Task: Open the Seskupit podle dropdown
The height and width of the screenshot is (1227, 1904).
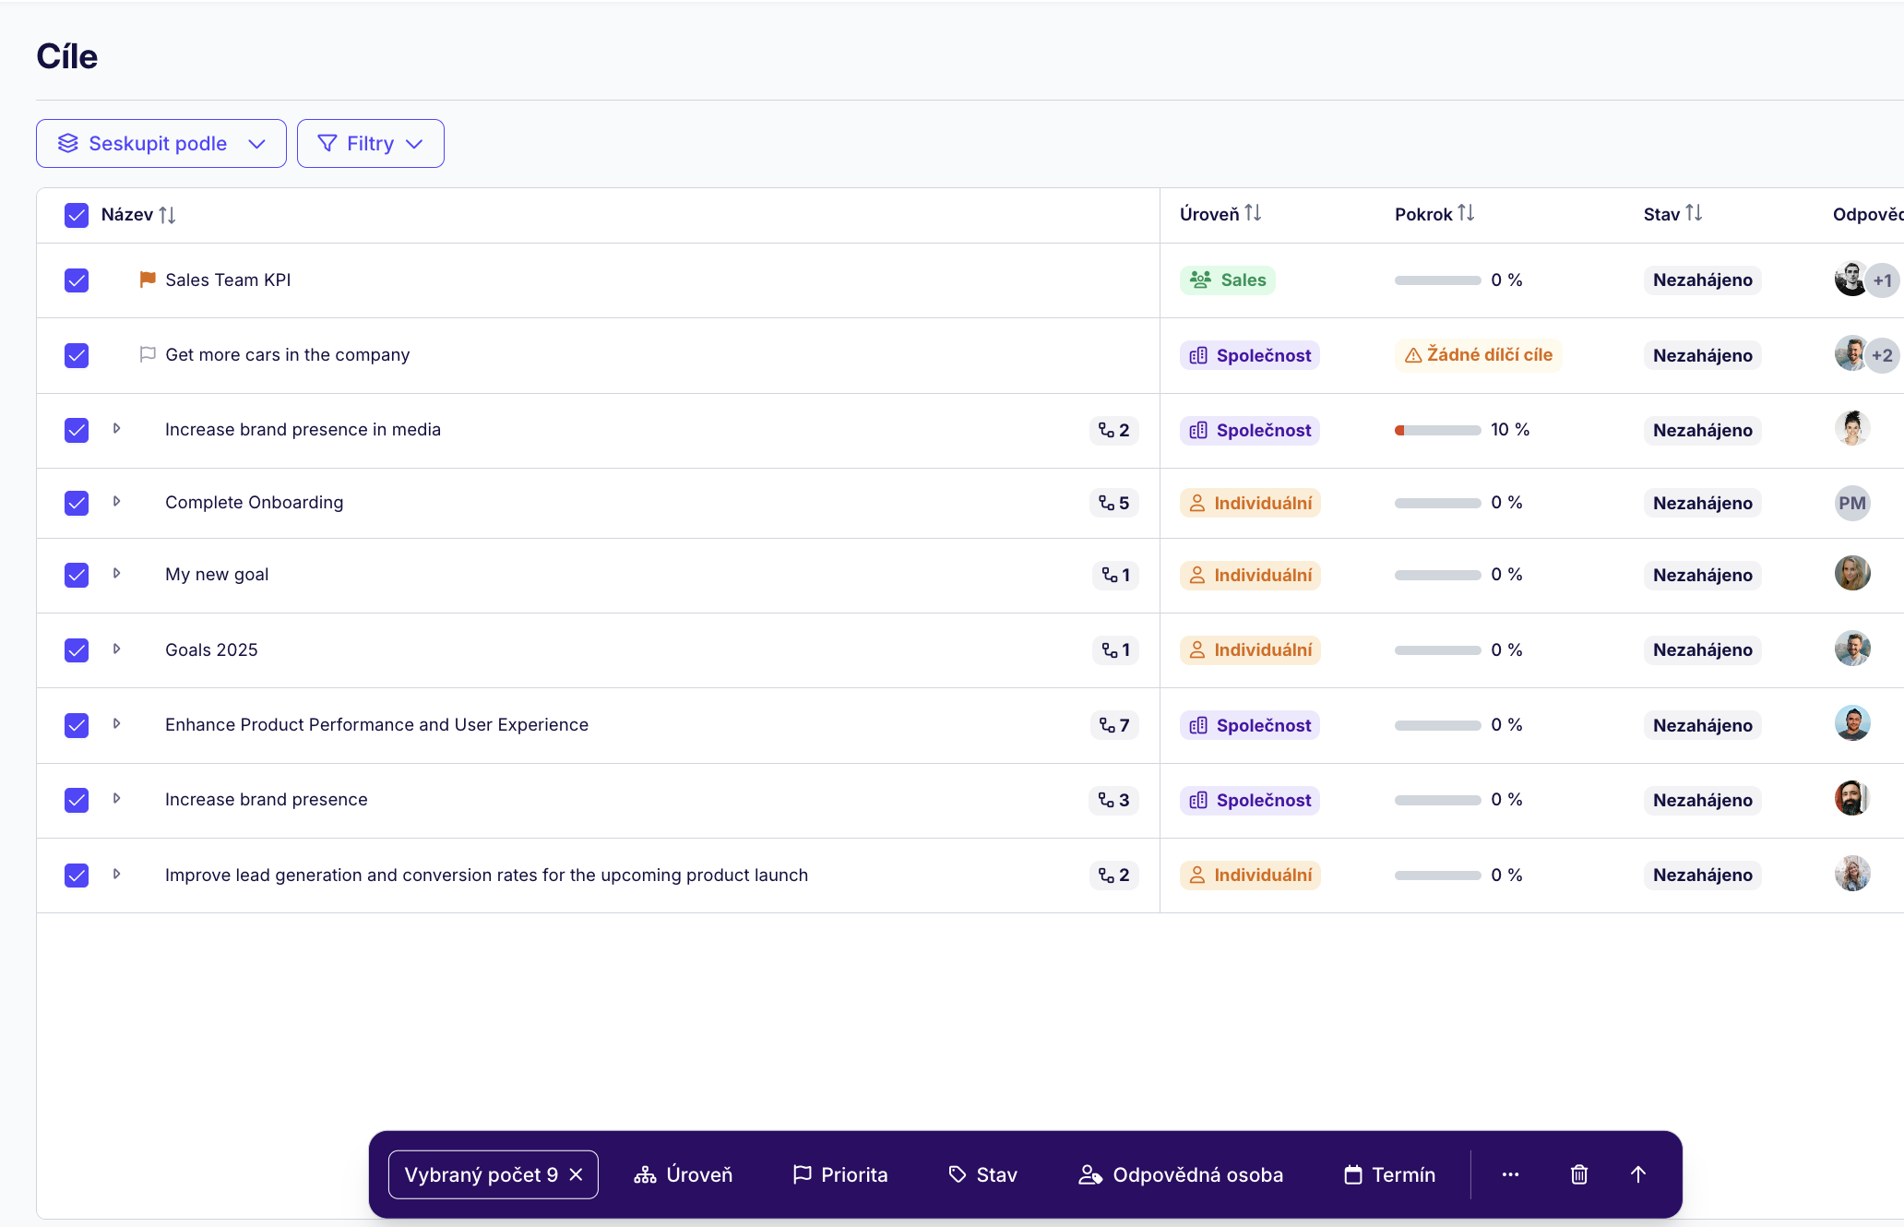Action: point(161,144)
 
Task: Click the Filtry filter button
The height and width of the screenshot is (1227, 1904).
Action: point(370,144)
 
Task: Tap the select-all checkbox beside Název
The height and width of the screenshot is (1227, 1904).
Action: point(77,215)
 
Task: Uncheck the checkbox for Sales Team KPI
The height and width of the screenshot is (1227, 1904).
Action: point(77,280)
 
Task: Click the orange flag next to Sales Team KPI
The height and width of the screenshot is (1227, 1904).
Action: point(147,280)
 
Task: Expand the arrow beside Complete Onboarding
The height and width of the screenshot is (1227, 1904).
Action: point(116,502)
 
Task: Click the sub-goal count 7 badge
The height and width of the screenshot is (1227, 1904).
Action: point(1114,726)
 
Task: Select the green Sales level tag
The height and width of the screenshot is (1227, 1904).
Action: point(1227,280)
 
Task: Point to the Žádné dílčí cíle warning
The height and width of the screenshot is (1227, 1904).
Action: point(1478,355)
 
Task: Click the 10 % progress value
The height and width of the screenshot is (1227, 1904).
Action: point(1510,430)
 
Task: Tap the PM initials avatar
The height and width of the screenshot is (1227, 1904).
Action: point(1852,504)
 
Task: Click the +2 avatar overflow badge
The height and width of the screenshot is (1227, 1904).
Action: point(1883,355)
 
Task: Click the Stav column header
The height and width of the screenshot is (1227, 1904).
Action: point(1672,214)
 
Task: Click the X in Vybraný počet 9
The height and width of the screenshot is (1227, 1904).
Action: point(577,1174)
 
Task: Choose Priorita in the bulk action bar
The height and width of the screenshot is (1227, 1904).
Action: point(840,1174)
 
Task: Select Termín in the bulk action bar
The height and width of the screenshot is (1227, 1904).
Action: point(1389,1174)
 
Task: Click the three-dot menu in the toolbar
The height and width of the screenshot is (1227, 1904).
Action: point(1510,1174)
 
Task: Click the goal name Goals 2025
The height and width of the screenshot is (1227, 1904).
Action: point(211,650)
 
